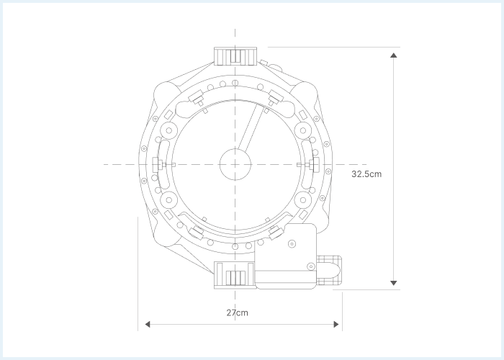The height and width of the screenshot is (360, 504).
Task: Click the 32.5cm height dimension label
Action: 366,174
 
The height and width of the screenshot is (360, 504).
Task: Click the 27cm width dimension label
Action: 237,312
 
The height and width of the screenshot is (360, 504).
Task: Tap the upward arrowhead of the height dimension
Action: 393,55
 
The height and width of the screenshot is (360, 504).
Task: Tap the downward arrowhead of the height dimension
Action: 393,283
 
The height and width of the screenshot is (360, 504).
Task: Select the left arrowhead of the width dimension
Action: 148,324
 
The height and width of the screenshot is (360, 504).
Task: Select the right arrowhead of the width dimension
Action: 336,324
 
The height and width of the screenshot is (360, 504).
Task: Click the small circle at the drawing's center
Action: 235,164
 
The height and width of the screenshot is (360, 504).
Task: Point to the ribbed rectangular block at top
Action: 235,56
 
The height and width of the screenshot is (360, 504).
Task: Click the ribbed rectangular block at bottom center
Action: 235,275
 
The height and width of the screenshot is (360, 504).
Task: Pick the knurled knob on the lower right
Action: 329,270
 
